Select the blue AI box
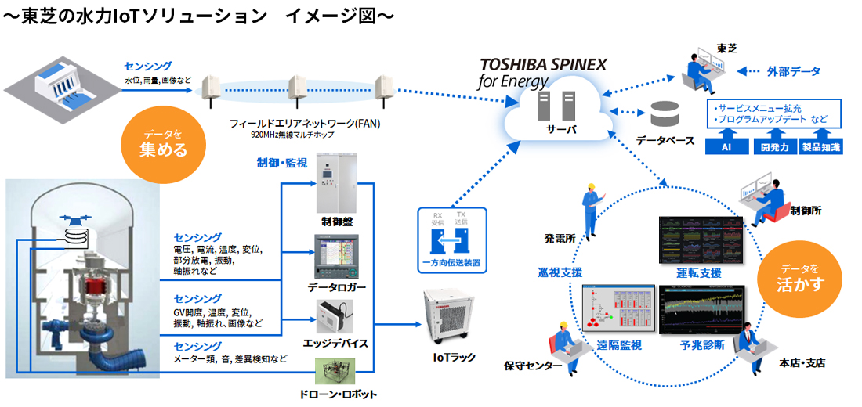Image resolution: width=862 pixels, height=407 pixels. point(727,146)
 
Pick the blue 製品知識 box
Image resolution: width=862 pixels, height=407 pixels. point(821,146)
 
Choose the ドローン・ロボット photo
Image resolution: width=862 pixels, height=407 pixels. point(335,370)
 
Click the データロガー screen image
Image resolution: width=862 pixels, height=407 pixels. point(335,258)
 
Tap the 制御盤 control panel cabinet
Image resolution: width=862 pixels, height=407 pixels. point(335,183)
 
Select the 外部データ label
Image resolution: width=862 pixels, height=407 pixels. point(793,71)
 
